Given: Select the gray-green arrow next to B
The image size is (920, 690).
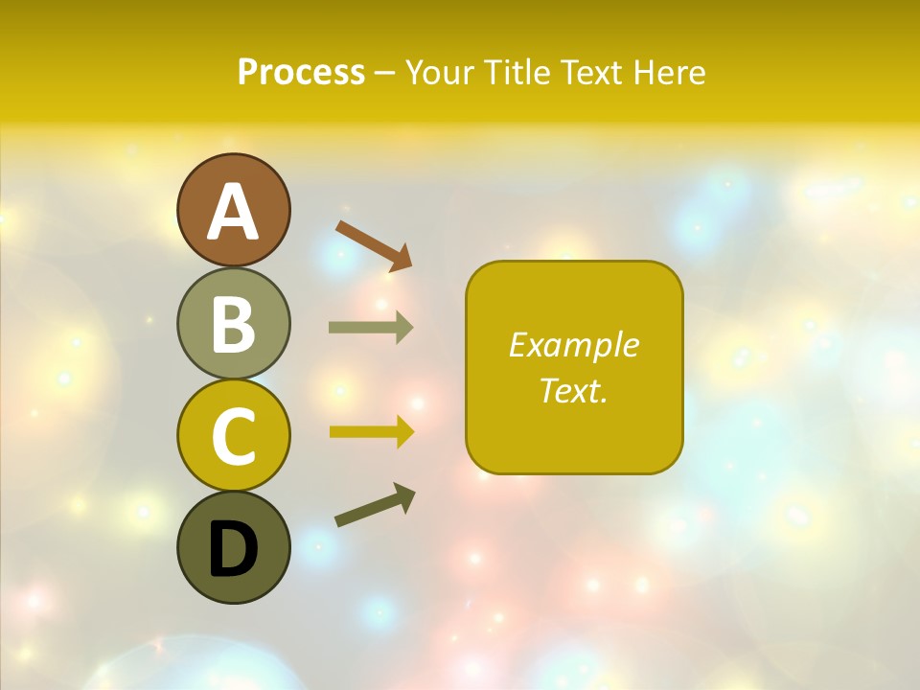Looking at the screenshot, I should [x=371, y=328].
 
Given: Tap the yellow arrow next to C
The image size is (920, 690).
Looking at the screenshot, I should [x=371, y=431].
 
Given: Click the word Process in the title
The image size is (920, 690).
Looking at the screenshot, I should [x=301, y=72].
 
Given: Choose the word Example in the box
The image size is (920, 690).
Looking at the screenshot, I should [x=574, y=345].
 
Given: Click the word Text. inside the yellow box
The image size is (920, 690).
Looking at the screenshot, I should [x=574, y=391].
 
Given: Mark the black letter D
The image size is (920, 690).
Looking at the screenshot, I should [x=233, y=550].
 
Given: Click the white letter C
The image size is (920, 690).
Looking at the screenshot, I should [x=233, y=436].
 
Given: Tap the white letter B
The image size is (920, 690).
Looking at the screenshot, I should [x=233, y=324].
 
